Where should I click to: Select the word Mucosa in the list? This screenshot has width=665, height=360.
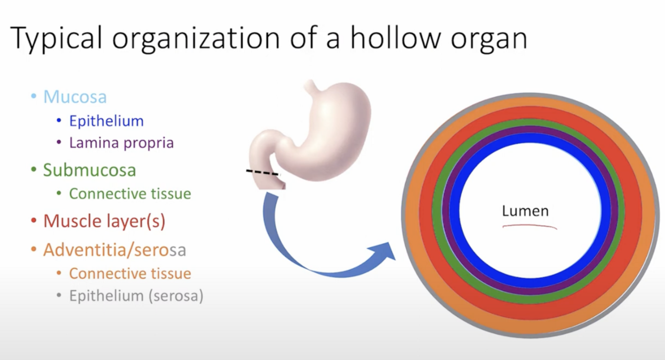point(75,96)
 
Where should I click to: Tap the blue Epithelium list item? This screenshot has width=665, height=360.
point(106,121)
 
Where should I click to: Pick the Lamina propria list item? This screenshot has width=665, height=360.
point(121,143)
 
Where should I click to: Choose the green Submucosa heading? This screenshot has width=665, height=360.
point(89,170)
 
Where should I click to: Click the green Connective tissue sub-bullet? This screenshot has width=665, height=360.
point(130,193)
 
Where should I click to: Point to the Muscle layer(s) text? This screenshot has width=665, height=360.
point(104,220)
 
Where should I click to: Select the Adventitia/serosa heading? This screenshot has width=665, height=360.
point(115,249)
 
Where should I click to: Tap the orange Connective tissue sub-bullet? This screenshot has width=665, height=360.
point(130,273)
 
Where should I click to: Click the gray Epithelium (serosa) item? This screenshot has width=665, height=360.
point(136,296)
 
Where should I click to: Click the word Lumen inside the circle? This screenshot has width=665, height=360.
point(525,211)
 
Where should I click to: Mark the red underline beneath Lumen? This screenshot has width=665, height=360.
point(529,227)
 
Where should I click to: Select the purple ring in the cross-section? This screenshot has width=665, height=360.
point(530,130)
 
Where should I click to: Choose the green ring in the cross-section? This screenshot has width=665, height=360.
point(530,122)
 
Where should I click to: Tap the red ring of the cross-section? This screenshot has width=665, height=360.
point(530,111)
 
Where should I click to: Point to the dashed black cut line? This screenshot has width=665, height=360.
point(263,173)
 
